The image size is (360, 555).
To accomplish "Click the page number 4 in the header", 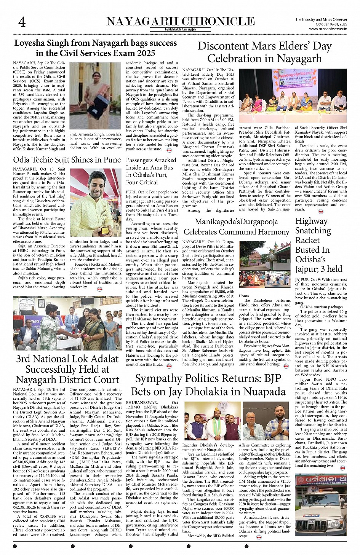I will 22,22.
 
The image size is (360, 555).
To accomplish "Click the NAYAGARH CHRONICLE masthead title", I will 180,21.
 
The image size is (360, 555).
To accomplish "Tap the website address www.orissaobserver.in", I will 328,29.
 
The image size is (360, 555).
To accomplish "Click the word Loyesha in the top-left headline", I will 30,43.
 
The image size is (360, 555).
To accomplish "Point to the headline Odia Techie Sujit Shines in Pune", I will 67,159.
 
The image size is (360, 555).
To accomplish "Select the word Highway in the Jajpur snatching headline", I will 311,221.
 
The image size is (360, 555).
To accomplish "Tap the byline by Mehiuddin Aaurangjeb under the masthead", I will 180,29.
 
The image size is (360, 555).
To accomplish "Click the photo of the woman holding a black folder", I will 95,96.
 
